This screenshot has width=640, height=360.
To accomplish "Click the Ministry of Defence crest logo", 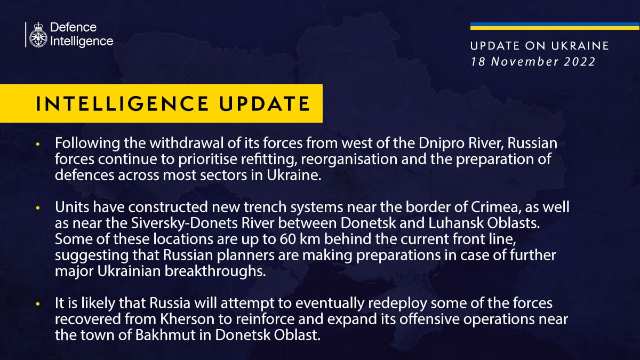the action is click(x=38, y=35).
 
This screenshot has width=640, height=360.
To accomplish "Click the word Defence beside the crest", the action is click(x=74, y=27).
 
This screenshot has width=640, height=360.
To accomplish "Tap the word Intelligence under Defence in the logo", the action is click(x=82, y=42).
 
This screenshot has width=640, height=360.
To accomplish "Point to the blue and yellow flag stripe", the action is click(x=555, y=26).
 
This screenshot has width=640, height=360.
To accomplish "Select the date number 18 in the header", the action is click(x=478, y=62).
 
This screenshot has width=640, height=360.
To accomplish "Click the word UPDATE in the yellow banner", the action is click(x=265, y=103).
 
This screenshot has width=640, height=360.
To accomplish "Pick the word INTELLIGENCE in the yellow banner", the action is click(x=122, y=103).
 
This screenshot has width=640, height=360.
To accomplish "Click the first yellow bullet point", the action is click(x=38, y=145).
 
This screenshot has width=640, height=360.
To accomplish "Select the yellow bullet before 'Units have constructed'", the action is click(x=38, y=209).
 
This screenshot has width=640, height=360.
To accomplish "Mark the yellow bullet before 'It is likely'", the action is click(x=38, y=305).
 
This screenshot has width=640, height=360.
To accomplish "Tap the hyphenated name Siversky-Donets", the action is click(x=185, y=223).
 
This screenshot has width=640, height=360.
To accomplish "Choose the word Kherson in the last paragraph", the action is click(x=187, y=319).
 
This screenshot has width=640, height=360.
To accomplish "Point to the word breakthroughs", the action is click(x=215, y=271).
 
